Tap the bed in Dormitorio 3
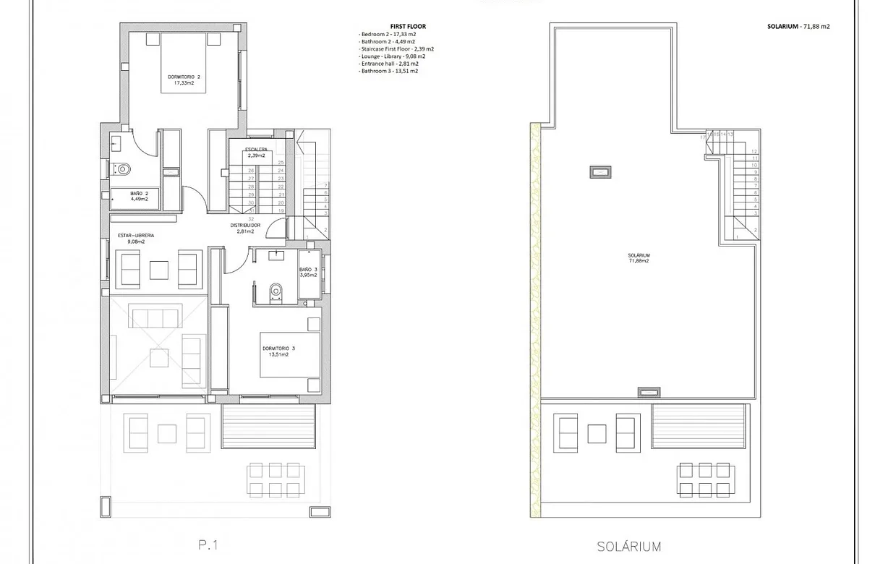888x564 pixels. click(x=289, y=354)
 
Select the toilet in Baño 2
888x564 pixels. click(x=123, y=169)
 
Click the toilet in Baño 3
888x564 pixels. click(x=276, y=291)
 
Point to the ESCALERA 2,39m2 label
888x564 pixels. click(x=255, y=152)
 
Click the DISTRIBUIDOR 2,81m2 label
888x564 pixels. click(x=245, y=228)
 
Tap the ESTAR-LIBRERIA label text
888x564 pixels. click(x=136, y=235)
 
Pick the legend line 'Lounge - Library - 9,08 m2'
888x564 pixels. click(x=392, y=56)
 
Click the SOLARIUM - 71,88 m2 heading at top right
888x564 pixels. click(x=798, y=26)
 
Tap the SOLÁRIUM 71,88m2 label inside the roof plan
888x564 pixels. click(x=639, y=258)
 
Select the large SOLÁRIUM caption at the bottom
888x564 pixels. click(x=628, y=547)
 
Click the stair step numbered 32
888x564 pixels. click(x=250, y=218)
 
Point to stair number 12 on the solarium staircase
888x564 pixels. click(x=754, y=150)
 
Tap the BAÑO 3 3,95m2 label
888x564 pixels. click(x=309, y=273)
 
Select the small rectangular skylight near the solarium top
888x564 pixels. click(x=601, y=171)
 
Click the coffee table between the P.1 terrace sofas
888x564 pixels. click(x=167, y=433)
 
